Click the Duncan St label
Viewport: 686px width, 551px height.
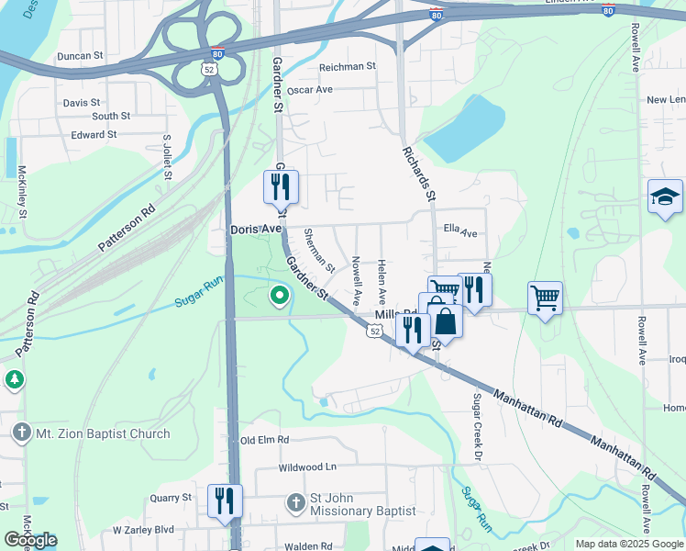tap(79, 56)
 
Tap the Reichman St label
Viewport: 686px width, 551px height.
tap(347, 67)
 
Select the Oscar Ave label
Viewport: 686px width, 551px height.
tap(309, 91)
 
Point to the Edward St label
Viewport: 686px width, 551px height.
tap(94, 134)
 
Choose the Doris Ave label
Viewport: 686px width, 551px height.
tap(255, 228)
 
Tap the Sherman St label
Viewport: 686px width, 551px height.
tap(319, 249)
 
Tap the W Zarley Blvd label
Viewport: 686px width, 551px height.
tap(143, 530)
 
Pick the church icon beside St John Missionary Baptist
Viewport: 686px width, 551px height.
tap(295, 502)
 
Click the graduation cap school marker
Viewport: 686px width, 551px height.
tap(665, 197)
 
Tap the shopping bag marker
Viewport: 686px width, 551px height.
tap(445, 321)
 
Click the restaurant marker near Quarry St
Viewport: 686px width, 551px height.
tap(225, 501)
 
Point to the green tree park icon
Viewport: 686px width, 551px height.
tap(14, 378)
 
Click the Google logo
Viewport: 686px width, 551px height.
tap(30, 540)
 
